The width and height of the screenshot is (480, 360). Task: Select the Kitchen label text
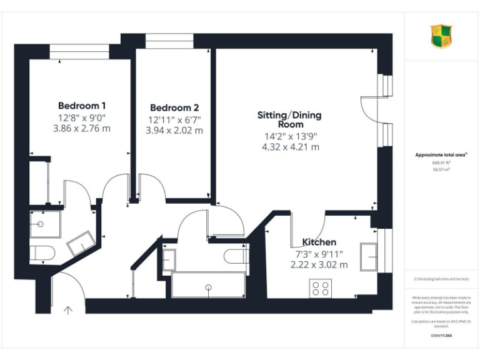319,242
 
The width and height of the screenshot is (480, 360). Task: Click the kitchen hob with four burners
321,288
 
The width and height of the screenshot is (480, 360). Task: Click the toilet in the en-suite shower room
42,253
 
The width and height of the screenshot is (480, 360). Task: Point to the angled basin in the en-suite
81,243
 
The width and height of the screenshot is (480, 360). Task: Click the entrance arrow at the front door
67,308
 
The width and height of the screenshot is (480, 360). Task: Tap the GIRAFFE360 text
441,336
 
